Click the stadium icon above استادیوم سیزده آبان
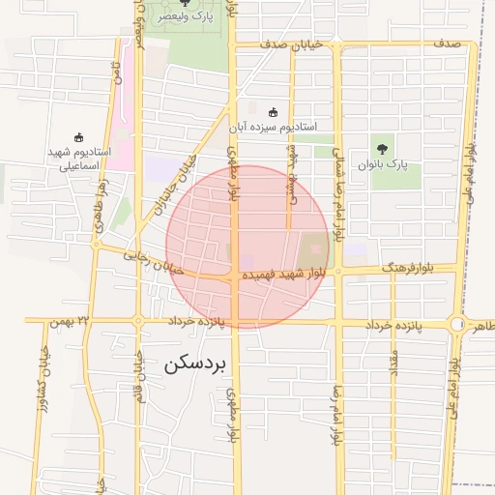click(x=272, y=112)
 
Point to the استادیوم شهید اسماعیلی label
click(x=79, y=160)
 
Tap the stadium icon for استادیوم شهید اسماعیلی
click(x=79, y=138)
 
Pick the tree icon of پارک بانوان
click(x=384, y=149)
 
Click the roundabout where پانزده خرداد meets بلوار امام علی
click(x=457, y=324)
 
